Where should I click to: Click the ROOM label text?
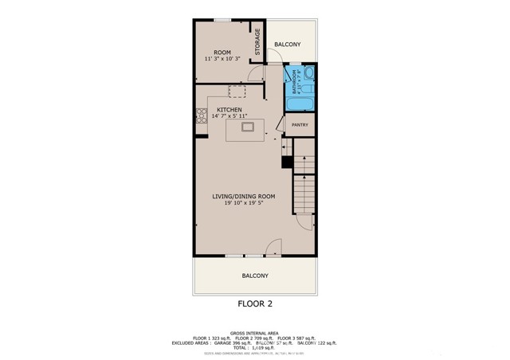pyautogui.click(x=222, y=53)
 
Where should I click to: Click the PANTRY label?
pyautogui.click(x=300, y=125)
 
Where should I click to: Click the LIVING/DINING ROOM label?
pyautogui.click(x=243, y=196)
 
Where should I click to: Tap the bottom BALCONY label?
pyautogui.click(x=255, y=276)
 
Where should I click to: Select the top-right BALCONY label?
pyautogui.click(x=287, y=45)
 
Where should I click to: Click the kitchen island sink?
pyautogui.click(x=248, y=126)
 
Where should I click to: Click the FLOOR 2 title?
pyautogui.click(x=255, y=303)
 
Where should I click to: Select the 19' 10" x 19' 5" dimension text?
pyautogui.click(x=243, y=203)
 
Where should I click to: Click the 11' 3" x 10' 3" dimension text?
pyautogui.click(x=222, y=60)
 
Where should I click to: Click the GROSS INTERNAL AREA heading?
pyautogui.click(x=255, y=331)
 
